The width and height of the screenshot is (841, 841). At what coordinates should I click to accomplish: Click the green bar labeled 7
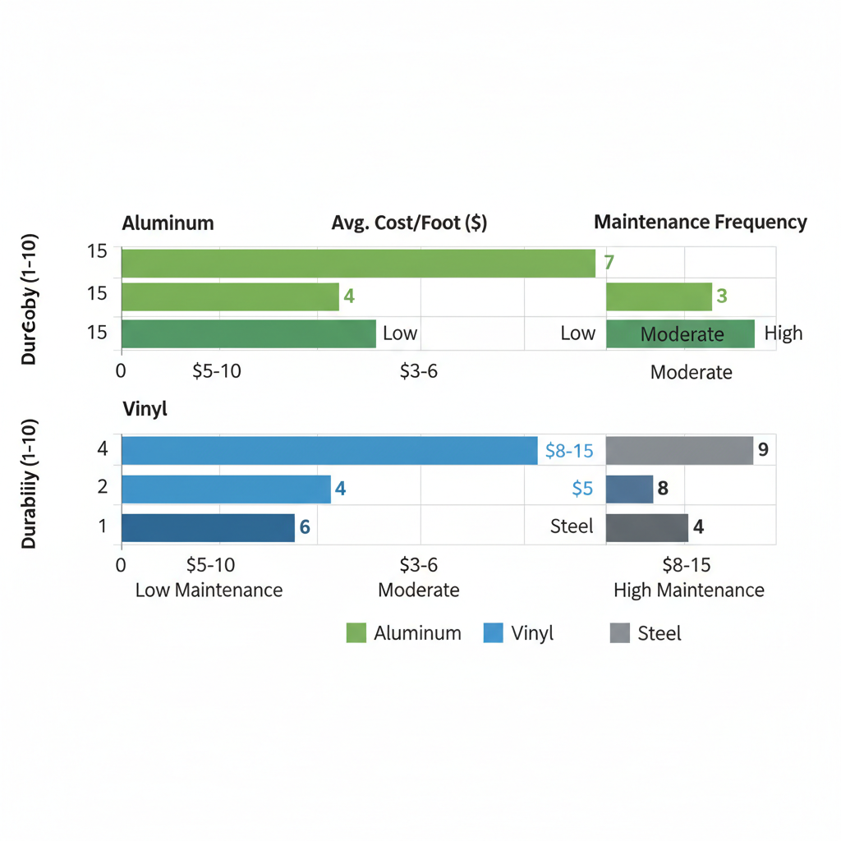click(358, 263)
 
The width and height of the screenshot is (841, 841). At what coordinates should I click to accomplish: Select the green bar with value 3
click(659, 296)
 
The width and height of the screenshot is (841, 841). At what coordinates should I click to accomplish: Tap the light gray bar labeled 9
click(679, 450)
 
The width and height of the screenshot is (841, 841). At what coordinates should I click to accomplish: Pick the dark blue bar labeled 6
click(208, 527)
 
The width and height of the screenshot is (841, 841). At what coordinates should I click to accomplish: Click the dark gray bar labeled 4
click(646, 527)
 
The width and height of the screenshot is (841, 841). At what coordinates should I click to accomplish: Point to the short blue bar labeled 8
click(629, 489)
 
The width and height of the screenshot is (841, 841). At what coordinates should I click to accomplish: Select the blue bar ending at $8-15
click(329, 450)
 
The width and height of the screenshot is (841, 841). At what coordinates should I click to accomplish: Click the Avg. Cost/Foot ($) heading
click(409, 223)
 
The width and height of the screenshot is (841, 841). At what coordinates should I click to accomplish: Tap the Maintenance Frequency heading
click(700, 222)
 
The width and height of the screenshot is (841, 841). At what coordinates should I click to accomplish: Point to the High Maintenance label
click(688, 590)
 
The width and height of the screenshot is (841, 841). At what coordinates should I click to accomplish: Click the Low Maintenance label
click(209, 590)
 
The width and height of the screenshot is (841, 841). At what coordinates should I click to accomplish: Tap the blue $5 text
click(581, 489)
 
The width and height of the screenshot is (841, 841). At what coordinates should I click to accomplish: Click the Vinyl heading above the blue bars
click(145, 408)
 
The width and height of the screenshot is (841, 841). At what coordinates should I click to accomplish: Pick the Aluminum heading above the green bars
click(168, 223)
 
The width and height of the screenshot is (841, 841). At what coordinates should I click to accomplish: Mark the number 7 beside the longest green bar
click(609, 263)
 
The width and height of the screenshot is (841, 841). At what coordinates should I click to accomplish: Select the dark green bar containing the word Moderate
click(680, 333)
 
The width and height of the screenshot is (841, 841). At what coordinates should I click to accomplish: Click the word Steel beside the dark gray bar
click(572, 526)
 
